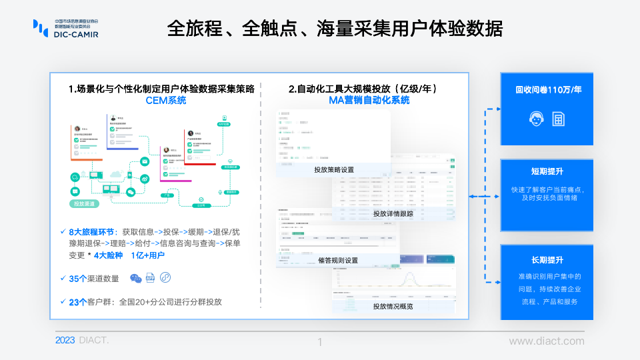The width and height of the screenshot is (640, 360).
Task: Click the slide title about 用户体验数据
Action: [334, 29]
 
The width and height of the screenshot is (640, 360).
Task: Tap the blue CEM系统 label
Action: [166, 101]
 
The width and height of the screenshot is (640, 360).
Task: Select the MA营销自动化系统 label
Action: [369, 101]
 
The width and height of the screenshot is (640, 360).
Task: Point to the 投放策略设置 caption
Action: [334, 170]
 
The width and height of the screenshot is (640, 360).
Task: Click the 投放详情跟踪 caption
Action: [393, 214]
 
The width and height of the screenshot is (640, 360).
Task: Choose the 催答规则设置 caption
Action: [338, 260]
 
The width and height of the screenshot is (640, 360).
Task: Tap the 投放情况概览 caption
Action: [393, 306]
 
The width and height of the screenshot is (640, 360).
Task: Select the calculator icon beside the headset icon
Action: [558, 119]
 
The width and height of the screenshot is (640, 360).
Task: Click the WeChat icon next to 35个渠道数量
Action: [135, 278]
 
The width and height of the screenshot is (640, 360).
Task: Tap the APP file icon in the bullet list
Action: [150, 278]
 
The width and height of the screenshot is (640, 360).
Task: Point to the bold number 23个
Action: [79, 302]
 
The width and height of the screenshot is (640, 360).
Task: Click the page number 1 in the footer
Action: [320, 343]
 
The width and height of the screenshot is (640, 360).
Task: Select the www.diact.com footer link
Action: [547, 341]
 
